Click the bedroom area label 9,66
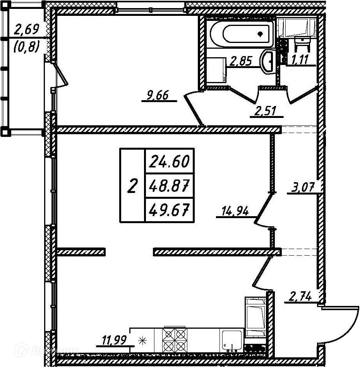pyautogui.click(x=158, y=95)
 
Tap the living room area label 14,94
pyautogui.click(x=235, y=211)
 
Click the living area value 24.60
pyautogui.click(x=169, y=161)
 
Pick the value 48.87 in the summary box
pyautogui.click(x=169, y=187)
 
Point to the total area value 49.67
pyautogui.click(x=169, y=211)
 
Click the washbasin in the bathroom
pyautogui.click(x=267, y=61)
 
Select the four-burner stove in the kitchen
pyautogui.click(x=175, y=339)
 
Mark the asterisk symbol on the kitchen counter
pyautogui.click(x=142, y=340)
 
